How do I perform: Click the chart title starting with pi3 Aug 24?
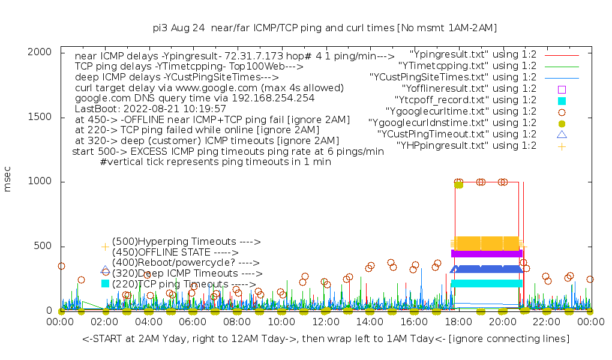(x=325, y=28)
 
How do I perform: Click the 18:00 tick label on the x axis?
(x=458, y=322)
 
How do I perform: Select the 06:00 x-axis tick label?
(x=193, y=322)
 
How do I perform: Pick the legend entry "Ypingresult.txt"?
(x=468, y=55)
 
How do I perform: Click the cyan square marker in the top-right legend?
(x=562, y=100)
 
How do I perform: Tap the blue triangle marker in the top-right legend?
(x=562, y=134)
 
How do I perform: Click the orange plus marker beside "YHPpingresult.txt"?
(x=562, y=146)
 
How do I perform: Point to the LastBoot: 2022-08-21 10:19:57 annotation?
(x=151, y=109)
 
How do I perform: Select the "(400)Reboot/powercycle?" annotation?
(x=185, y=263)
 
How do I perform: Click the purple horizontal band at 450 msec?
(x=487, y=253)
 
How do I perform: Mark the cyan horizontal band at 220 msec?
(x=487, y=283)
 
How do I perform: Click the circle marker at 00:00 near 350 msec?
(x=61, y=266)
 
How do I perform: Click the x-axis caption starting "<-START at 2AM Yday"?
(x=326, y=340)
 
